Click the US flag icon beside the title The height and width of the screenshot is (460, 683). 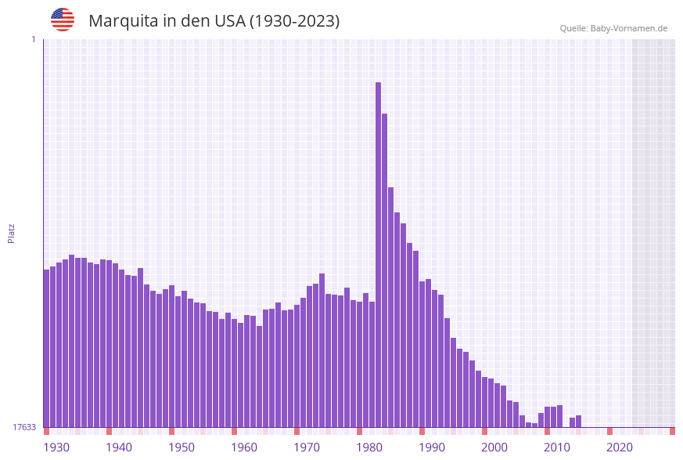63,20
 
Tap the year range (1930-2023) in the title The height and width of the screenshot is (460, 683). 294,21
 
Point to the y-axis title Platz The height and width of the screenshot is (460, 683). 11,233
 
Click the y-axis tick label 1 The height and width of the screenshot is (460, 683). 33,39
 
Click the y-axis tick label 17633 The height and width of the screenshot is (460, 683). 23,427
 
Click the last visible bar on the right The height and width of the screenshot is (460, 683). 578,422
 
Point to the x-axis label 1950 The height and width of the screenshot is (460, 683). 182,447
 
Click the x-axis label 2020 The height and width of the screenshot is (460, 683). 620,447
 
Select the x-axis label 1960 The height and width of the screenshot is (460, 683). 244,447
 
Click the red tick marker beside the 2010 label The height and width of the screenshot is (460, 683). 547,431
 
